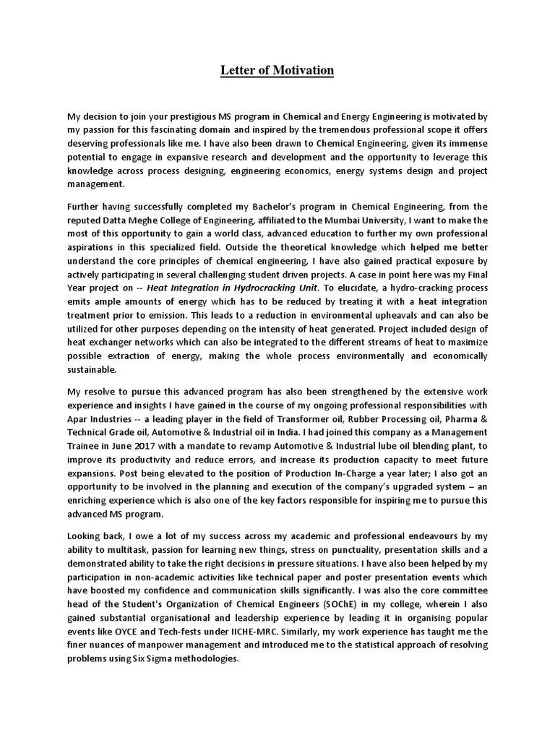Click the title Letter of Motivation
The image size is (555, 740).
pos(277,70)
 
